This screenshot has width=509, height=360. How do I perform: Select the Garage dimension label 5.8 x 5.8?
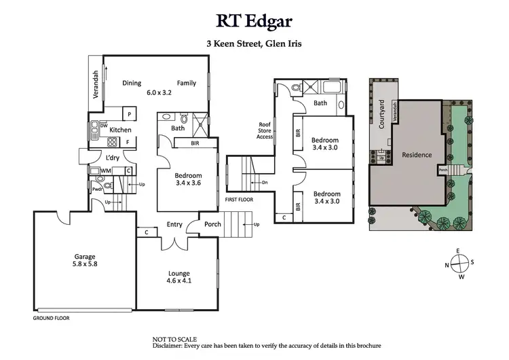pyautogui.click(x=86, y=266)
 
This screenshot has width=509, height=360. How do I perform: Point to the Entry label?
pyautogui.click(x=174, y=225)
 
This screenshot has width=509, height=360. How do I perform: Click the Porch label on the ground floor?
pyautogui.click(x=212, y=225)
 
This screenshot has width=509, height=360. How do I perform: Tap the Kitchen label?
pyautogui.click(x=120, y=129)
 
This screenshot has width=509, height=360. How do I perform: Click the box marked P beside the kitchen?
pyautogui.click(x=129, y=113)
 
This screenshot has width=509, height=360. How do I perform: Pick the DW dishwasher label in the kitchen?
pyautogui.click(x=104, y=126)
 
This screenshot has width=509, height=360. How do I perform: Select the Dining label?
pyautogui.click(x=132, y=84)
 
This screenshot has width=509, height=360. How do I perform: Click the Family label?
pyautogui.click(x=187, y=84)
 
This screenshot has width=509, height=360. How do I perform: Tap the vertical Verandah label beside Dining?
pyautogui.click(x=96, y=84)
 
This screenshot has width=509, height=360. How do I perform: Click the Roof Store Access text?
pyautogui.click(x=265, y=130)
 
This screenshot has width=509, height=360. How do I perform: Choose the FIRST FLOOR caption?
pyautogui.click(x=239, y=200)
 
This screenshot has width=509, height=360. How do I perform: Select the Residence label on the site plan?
pyautogui.click(x=417, y=155)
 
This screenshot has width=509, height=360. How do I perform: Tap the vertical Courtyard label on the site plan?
pyautogui.click(x=382, y=114)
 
